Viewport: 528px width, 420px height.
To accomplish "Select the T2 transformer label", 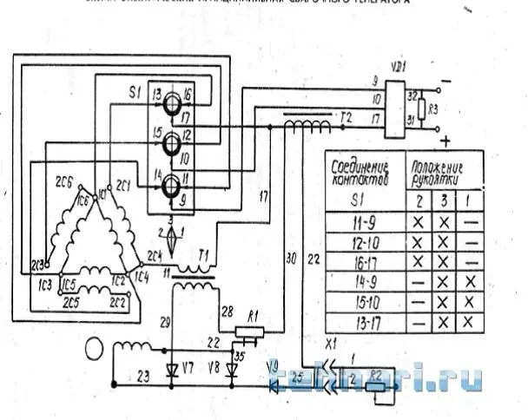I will (345, 116).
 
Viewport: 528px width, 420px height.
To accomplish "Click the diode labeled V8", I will (230, 368).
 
